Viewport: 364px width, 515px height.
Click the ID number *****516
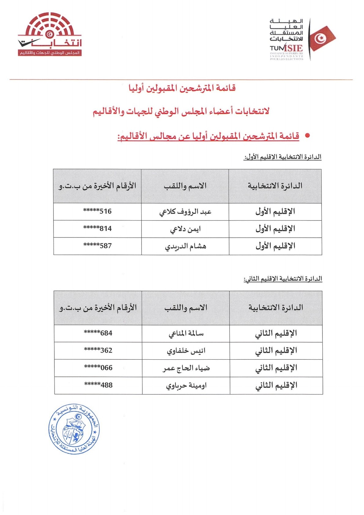pos(97,211)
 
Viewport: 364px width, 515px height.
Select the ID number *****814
pos(97,228)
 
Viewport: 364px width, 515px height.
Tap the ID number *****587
pos(97,246)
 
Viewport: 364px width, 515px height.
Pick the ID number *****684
pos(98,333)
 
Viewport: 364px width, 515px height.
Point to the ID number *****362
pos(98,350)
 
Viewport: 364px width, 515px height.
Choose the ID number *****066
pos(98,368)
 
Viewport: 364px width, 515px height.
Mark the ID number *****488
pos(98,385)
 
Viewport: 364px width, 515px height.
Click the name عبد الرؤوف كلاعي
pos(185,212)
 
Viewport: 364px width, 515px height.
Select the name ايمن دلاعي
pos(185,229)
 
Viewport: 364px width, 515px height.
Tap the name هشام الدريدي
pos(185,246)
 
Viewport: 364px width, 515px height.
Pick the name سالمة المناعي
pos(186,334)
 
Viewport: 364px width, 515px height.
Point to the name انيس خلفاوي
pos(186,351)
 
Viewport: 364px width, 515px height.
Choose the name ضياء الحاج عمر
pos(186,368)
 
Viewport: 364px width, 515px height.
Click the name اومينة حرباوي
pos(186,386)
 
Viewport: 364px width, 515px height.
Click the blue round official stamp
pos(74,429)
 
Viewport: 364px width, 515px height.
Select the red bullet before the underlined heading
pos(307,135)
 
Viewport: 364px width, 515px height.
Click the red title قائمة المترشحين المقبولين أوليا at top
pos(182,88)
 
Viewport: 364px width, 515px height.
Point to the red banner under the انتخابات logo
pos(50,53)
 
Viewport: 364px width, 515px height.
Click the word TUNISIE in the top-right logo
pos(286,48)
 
